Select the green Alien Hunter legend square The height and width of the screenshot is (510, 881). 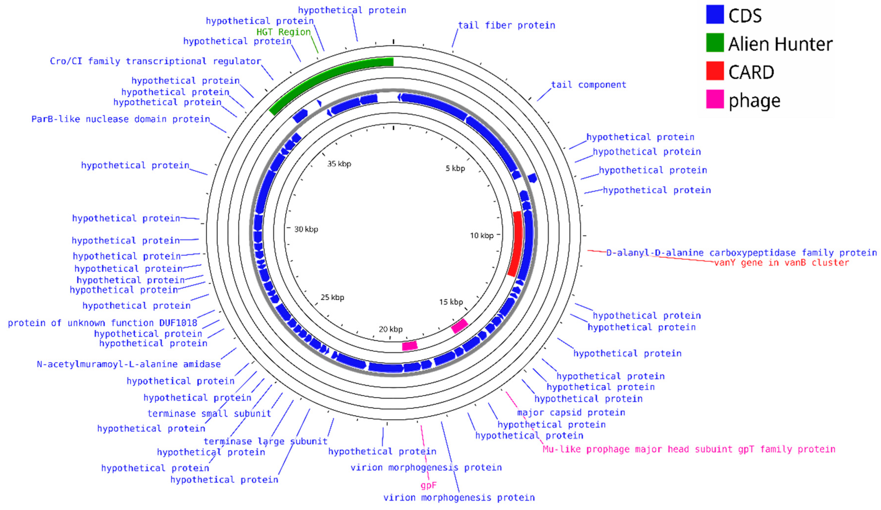coord(715,43)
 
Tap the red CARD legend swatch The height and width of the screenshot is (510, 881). coord(715,71)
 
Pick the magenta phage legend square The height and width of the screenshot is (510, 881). coord(715,99)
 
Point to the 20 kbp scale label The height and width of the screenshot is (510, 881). coord(391,329)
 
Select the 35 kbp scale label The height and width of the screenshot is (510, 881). coord(339,164)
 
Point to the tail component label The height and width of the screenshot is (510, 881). coord(588,85)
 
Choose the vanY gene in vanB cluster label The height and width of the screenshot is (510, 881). coord(781,263)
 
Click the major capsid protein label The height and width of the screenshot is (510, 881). coord(571,413)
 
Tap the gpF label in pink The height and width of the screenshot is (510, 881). coord(429,485)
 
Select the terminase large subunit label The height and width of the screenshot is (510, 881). coord(265,442)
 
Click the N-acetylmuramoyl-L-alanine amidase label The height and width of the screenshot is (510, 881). coord(129,364)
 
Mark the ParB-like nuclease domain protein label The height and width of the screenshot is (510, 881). coord(121,119)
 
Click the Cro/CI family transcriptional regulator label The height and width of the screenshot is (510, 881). coord(155,61)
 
